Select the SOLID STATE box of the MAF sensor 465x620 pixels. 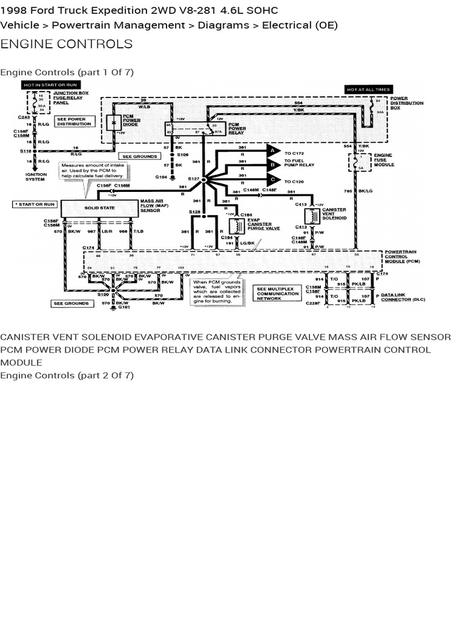click(x=99, y=208)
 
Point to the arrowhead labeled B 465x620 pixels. click(x=273, y=163)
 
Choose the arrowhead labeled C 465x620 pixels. click(x=273, y=179)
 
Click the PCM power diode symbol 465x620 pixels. click(x=113, y=121)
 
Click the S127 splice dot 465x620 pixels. click(x=204, y=180)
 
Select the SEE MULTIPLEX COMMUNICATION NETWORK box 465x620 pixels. click(x=277, y=293)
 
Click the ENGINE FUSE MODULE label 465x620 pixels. click(x=384, y=160)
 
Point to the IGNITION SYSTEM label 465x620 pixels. click(x=36, y=177)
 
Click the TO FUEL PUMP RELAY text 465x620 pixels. click(x=300, y=163)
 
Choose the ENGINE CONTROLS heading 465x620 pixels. click(x=67, y=44)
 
